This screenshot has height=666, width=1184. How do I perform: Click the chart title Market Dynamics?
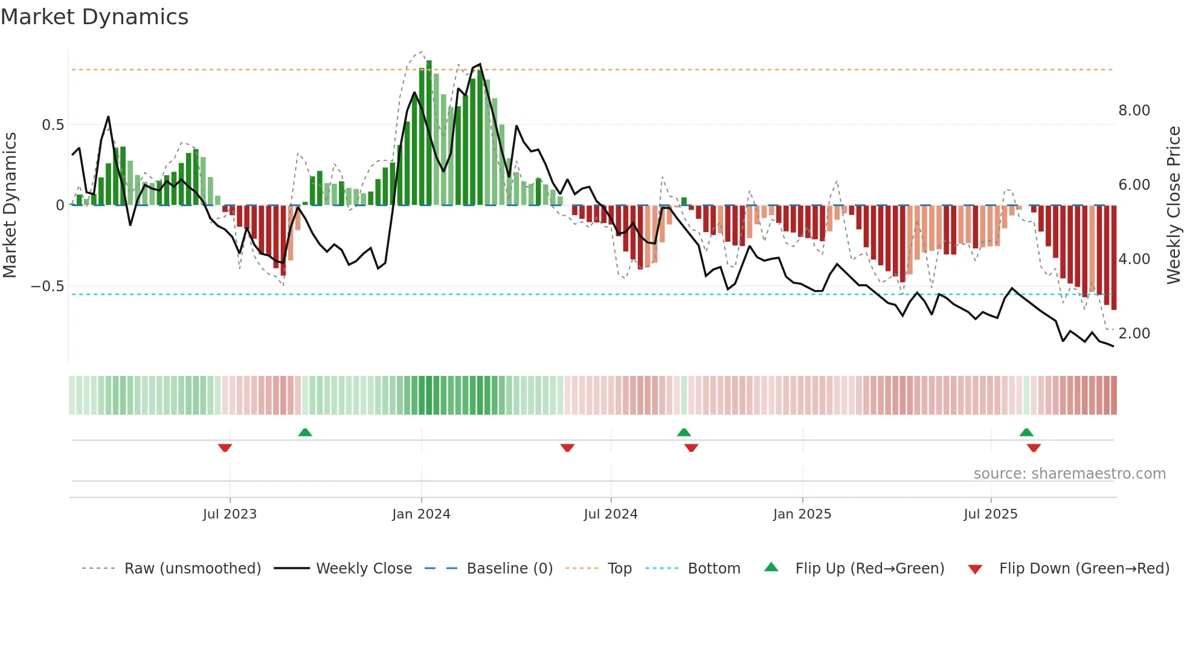pyautogui.click(x=95, y=17)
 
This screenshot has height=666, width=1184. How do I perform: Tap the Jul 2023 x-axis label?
pyautogui.click(x=230, y=514)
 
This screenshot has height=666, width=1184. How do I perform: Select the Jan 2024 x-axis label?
pyautogui.click(x=421, y=514)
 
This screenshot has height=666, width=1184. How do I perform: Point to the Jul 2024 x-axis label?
pyautogui.click(x=610, y=514)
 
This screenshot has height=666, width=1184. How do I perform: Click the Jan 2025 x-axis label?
pyautogui.click(x=802, y=514)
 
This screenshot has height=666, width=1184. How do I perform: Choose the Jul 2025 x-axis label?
pyautogui.click(x=990, y=514)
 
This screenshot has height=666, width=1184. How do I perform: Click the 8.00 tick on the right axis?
pyautogui.click(x=1134, y=111)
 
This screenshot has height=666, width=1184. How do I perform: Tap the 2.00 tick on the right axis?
pyautogui.click(x=1134, y=334)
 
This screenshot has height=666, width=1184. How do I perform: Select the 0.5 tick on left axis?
pyautogui.click(x=53, y=125)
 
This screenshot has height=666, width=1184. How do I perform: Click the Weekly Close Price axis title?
pyautogui.click(x=1173, y=205)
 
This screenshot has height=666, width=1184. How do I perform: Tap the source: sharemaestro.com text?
pyautogui.click(x=1069, y=474)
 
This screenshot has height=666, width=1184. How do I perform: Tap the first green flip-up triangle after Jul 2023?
pyautogui.click(x=305, y=433)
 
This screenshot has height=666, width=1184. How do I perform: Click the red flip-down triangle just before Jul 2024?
pyautogui.click(x=567, y=448)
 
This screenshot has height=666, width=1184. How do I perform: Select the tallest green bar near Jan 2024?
pyautogui.click(x=429, y=133)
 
